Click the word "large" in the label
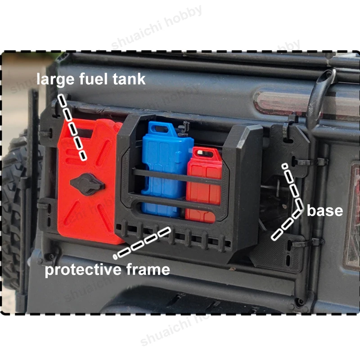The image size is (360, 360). click(x=55, y=80)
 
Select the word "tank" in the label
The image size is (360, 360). click(x=129, y=79)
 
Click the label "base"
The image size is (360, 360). click(x=325, y=211)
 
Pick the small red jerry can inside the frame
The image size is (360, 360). click(x=203, y=185)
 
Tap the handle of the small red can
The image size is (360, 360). click(x=204, y=153)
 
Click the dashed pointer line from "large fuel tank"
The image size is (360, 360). click(x=72, y=127)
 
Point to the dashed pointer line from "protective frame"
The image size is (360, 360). click(x=142, y=243)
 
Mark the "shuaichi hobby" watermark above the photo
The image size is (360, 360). click(x=156, y=27)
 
